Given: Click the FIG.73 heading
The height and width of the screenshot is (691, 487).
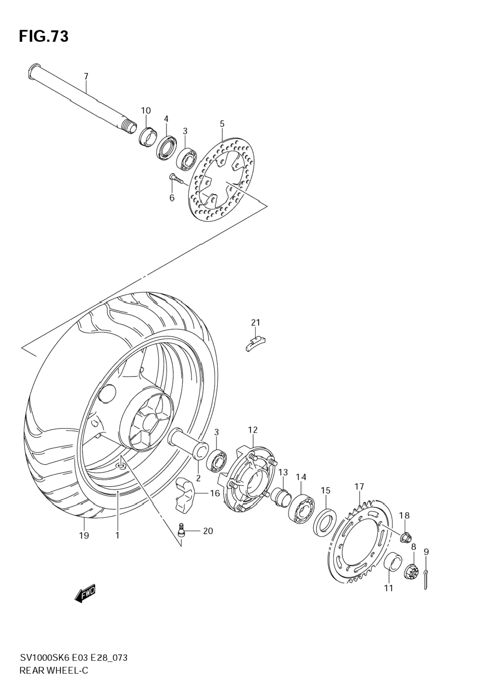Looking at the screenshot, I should click(44, 36).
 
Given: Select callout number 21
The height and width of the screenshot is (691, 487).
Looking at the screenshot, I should click(255, 322).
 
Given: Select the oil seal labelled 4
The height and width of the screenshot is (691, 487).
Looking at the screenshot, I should click(168, 147).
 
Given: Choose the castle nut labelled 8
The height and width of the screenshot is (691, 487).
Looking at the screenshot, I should click(412, 572).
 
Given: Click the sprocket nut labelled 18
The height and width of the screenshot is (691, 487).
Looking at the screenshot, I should click(405, 538).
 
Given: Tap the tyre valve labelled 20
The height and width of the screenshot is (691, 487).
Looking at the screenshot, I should click(182, 531).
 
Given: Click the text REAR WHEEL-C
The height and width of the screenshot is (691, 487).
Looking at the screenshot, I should click(54, 670).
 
